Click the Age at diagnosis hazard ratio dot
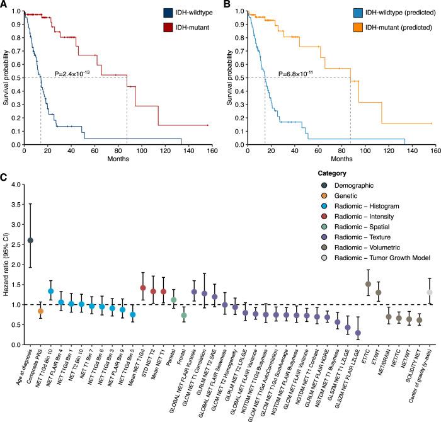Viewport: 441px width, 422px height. (x=30, y=241)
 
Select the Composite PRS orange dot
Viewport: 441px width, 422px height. (x=41, y=294)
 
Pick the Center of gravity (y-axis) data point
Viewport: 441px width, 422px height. (x=430, y=292)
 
